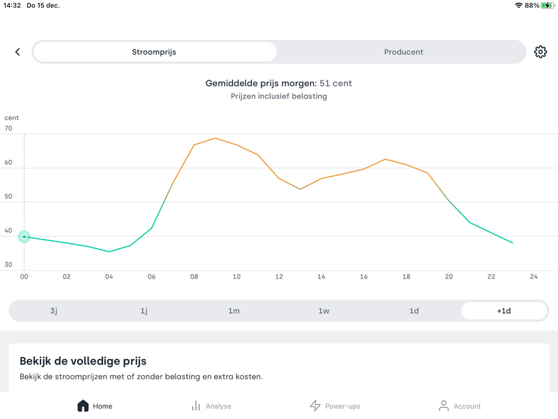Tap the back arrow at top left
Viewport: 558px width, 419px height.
point(17,52)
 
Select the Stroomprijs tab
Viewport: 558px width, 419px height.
point(154,52)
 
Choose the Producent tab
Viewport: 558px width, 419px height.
point(403,52)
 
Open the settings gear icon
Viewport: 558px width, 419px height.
point(541,52)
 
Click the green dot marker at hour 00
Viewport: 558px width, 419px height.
point(24,237)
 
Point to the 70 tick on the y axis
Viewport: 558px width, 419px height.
point(8,128)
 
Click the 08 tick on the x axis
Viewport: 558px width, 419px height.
point(194,277)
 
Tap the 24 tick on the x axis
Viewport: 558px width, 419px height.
point(534,277)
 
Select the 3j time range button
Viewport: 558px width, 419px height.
point(54,311)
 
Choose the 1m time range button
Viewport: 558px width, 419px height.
point(234,311)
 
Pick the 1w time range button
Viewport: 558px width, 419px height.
point(324,311)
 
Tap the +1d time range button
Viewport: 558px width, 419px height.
point(504,311)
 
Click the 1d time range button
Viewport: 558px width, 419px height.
point(414,311)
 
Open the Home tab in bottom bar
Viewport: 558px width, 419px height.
point(94,406)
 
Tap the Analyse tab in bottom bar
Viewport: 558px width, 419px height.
point(211,406)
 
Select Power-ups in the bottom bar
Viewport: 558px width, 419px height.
point(335,406)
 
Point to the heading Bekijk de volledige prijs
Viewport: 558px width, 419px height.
point(83,361)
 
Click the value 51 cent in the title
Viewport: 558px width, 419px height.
point(335,83)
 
